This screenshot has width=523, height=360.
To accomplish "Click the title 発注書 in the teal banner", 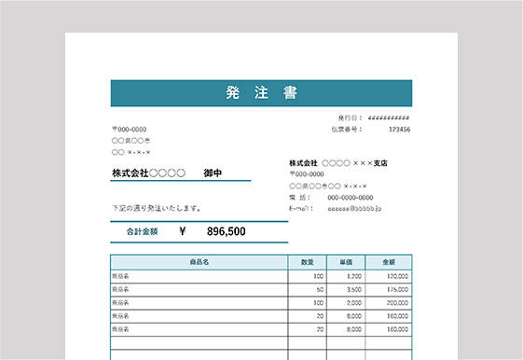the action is click(x=261, y=92).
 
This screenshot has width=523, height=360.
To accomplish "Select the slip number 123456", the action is click(x=399, y=130).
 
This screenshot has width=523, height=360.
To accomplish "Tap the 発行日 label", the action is click(x=350, y=118).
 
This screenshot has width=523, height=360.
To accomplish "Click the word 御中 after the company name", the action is click(x=213, y=173).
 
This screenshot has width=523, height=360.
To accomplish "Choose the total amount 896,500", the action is click(x=226, y=231).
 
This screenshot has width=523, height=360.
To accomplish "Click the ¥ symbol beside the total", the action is click(x=182, y=231).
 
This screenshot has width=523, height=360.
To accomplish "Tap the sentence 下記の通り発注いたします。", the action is click(x=157, y=208).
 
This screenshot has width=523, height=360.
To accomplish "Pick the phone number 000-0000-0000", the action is click(x=351, y=198).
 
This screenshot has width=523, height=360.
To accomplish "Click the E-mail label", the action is click(x=301, y=209).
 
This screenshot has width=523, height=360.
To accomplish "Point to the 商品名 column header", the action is click(x=199, y=262).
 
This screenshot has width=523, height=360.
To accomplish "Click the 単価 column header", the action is click(x=345, y=262).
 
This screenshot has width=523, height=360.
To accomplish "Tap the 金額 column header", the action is click(x=388, y=262).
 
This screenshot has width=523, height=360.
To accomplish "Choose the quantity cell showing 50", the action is click(x=319, y=290).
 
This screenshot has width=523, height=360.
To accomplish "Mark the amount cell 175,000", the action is click(x=397, y=290).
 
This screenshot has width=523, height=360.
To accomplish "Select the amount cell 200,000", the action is click(x=397, y=303).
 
